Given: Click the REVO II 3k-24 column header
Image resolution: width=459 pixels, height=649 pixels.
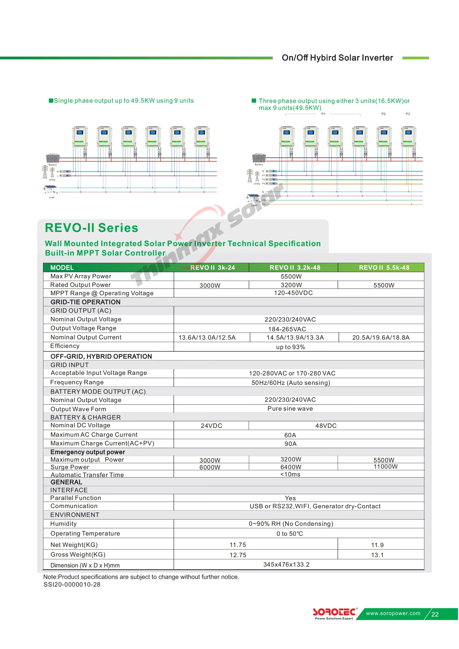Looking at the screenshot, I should tap(213, 267).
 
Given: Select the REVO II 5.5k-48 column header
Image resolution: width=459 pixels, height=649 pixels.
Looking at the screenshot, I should tap(384, 267).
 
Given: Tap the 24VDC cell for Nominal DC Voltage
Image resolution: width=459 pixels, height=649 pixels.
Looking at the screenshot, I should tap(211, 426).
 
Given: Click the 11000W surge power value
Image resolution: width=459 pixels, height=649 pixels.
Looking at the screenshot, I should tap(385, 466).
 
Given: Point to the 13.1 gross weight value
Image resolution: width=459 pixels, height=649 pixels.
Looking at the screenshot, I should tap(377, 555).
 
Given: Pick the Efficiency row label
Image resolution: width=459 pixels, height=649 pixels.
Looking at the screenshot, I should tap(65, 346).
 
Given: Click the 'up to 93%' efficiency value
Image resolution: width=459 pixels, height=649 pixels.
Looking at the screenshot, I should tap(290, 347).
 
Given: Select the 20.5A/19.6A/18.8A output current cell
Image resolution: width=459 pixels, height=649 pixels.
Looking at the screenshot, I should tap(381, 337).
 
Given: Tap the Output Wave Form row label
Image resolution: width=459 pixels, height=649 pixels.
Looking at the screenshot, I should tap(78, 409).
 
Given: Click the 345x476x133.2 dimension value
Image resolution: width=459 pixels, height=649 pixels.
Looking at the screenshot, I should tap(286, 564).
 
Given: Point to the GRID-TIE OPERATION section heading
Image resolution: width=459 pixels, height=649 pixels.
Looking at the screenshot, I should tap(85, 302).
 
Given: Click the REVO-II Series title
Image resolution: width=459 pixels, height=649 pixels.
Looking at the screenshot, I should tap(92, 228).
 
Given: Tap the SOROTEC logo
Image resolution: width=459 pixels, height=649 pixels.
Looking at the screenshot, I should tap(334, 612).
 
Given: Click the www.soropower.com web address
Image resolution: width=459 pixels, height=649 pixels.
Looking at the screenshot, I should tap(393, 613).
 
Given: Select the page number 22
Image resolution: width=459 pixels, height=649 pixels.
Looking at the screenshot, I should tap(435, 614).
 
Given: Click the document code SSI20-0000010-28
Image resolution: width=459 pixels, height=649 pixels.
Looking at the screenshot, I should tap(72, 585).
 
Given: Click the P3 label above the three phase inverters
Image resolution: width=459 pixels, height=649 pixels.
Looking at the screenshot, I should tap(408, 114).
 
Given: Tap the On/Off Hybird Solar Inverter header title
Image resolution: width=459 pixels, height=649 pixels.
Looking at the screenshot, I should tap(337, 58).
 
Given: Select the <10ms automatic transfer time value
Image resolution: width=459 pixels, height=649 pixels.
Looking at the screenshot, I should tap(290, 474).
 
